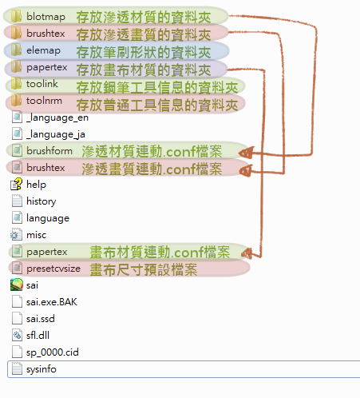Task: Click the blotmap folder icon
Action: (x=16, y=16)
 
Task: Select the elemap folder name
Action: (x=43, y=50)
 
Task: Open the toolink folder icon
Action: (x=16, y=84)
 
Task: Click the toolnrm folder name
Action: (x=44, y=101)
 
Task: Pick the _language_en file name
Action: (x=57, y=117)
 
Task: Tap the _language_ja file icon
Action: (x=17, y=134)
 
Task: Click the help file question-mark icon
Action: (x=17, y=185)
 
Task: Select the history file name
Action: (x=42, y=201)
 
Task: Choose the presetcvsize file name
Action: (x=53, y=269)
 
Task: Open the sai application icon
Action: (x=17, y=285)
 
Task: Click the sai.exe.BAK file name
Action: (x=52, y=302)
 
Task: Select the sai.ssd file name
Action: (x=41, y=319)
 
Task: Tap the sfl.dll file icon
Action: (x=17, y=336)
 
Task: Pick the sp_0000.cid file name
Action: (x=53, y=352)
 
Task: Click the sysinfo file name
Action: (x=42, y=369)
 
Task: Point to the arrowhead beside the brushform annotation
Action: (x=246, y=153)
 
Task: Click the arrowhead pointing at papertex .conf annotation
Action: (x=247, y=253)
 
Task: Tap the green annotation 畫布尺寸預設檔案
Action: (x=144, y=269)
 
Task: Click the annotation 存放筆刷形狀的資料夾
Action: (x=144, y=52)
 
